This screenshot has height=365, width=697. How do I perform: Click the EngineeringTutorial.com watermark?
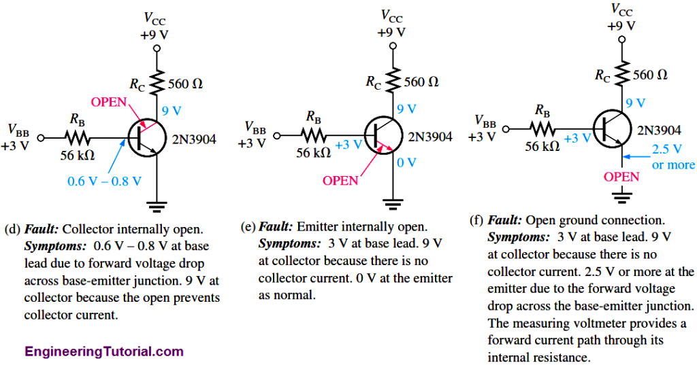pos(104,351)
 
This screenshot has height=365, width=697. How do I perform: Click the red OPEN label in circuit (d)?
pos(109,103)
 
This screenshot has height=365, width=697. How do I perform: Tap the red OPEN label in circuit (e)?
pos(340,181)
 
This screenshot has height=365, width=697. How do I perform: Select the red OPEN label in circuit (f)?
pos(621,177)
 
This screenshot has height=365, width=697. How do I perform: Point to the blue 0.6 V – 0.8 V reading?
pos(104,181)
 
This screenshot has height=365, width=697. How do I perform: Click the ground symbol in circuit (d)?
pos(157,205)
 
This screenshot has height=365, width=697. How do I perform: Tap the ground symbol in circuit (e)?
pos(392,201)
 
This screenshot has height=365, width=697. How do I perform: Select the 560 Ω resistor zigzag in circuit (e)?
pos(392,82)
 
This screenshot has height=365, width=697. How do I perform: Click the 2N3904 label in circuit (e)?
pos(430,137)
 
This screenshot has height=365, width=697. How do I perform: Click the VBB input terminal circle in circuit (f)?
pos(508,128)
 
